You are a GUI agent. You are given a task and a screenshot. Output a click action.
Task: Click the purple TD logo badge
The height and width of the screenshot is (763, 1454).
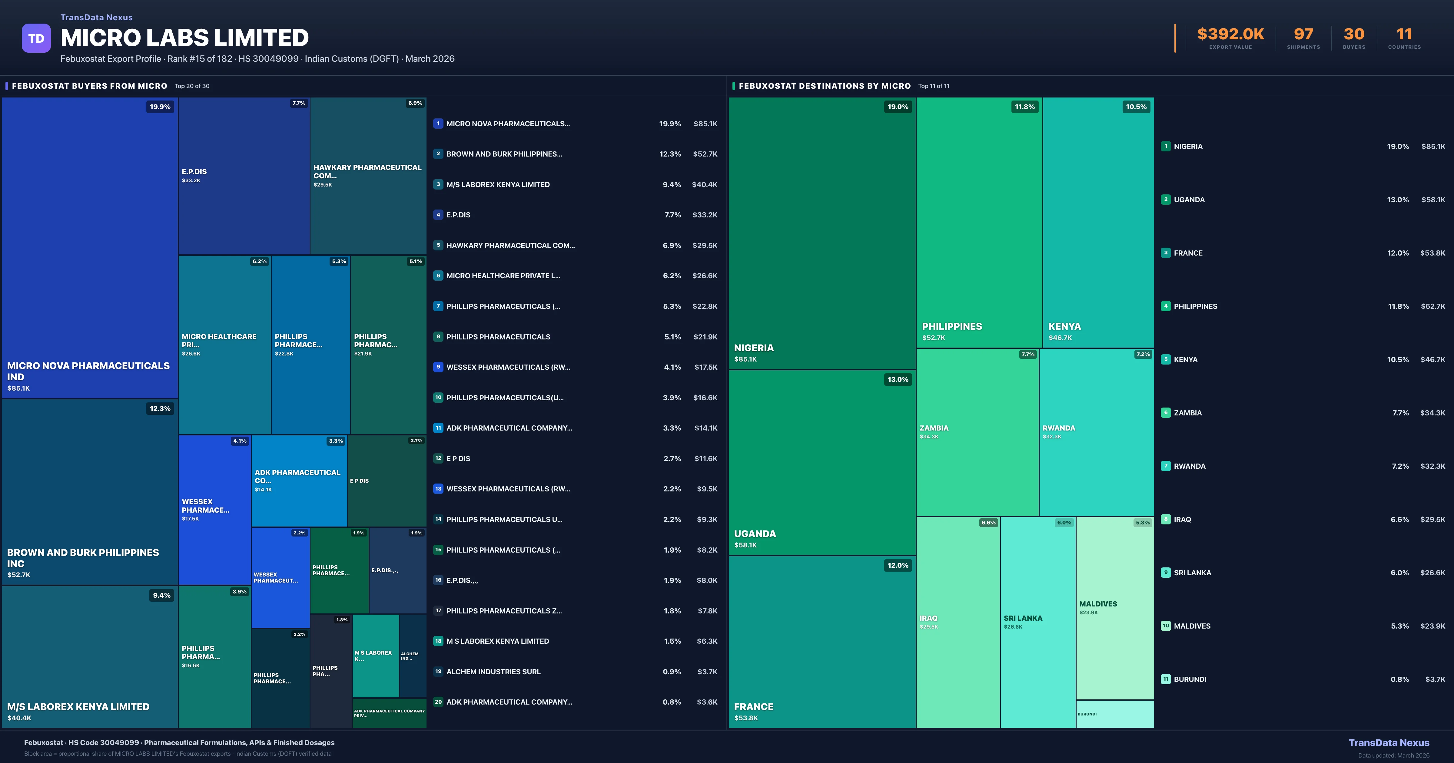(36, 38)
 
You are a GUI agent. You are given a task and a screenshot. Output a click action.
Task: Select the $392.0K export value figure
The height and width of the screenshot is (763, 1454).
(1230, 35)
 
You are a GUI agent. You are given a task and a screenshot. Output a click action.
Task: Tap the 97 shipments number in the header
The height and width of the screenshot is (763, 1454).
(1303, 35)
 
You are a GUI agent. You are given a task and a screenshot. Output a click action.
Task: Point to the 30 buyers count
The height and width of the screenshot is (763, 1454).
(1353, 35)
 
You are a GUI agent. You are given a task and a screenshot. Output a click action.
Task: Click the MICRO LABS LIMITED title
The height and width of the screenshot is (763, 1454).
(184, 38)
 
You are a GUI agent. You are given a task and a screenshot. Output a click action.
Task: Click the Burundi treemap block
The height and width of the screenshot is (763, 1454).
(1115, 714)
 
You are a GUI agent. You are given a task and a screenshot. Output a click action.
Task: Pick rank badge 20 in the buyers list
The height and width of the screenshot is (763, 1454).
(438, 702)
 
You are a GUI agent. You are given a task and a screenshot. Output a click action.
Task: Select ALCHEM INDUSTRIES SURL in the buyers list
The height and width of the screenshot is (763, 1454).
(493, 672)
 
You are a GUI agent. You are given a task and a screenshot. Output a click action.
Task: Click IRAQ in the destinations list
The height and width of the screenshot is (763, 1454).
(1183, 519)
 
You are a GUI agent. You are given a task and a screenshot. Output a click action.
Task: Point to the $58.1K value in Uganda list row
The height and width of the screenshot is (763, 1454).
(1433, 200)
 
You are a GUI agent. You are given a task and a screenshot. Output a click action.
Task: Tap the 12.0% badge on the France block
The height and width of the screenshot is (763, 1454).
(898, 566)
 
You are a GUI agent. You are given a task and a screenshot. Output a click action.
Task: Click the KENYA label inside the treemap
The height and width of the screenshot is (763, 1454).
(1064, 326)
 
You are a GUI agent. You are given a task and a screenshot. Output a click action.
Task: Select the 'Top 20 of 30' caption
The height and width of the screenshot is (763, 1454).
(192, 86)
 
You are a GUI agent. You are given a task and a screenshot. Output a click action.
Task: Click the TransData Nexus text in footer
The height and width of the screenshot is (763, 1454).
(1389, 743)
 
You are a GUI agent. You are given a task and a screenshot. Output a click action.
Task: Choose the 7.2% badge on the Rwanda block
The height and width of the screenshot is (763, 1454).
(1142, 355)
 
